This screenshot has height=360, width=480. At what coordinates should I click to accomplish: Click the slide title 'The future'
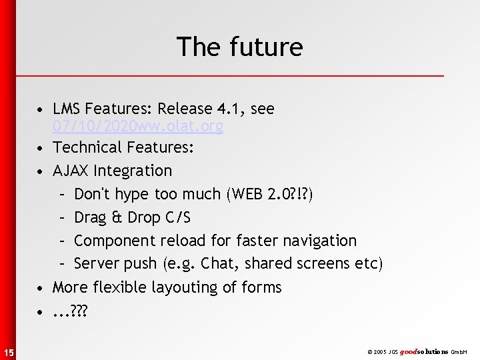coord(239,47)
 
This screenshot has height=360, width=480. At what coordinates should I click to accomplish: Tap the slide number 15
coord(7,351)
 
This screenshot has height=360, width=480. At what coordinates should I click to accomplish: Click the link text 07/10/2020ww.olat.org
coord(137,126)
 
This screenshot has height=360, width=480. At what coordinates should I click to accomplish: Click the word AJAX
coord(71,171)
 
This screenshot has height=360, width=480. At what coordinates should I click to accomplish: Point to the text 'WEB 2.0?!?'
coord(275,194)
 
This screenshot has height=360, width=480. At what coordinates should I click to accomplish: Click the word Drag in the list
coord(89,217)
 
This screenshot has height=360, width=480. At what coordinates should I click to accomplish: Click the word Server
coord(95,264)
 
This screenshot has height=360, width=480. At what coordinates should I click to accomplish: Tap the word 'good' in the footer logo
coord(409,351)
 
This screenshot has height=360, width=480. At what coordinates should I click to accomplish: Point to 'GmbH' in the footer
coord(459,351)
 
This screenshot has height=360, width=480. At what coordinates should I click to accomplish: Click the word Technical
coord(84,147)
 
